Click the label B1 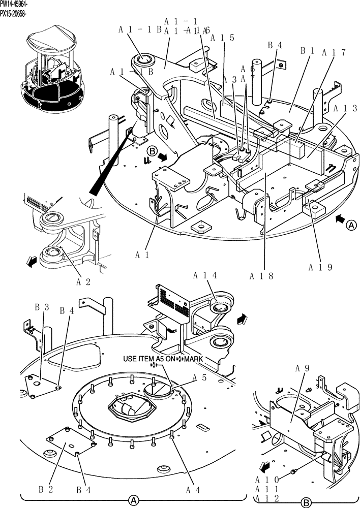tap(308, 51)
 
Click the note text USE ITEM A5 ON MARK tap(163, 359)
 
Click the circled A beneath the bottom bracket tap(133, 500)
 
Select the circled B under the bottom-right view tap(306, 502)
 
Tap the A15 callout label tap(222, 38)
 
